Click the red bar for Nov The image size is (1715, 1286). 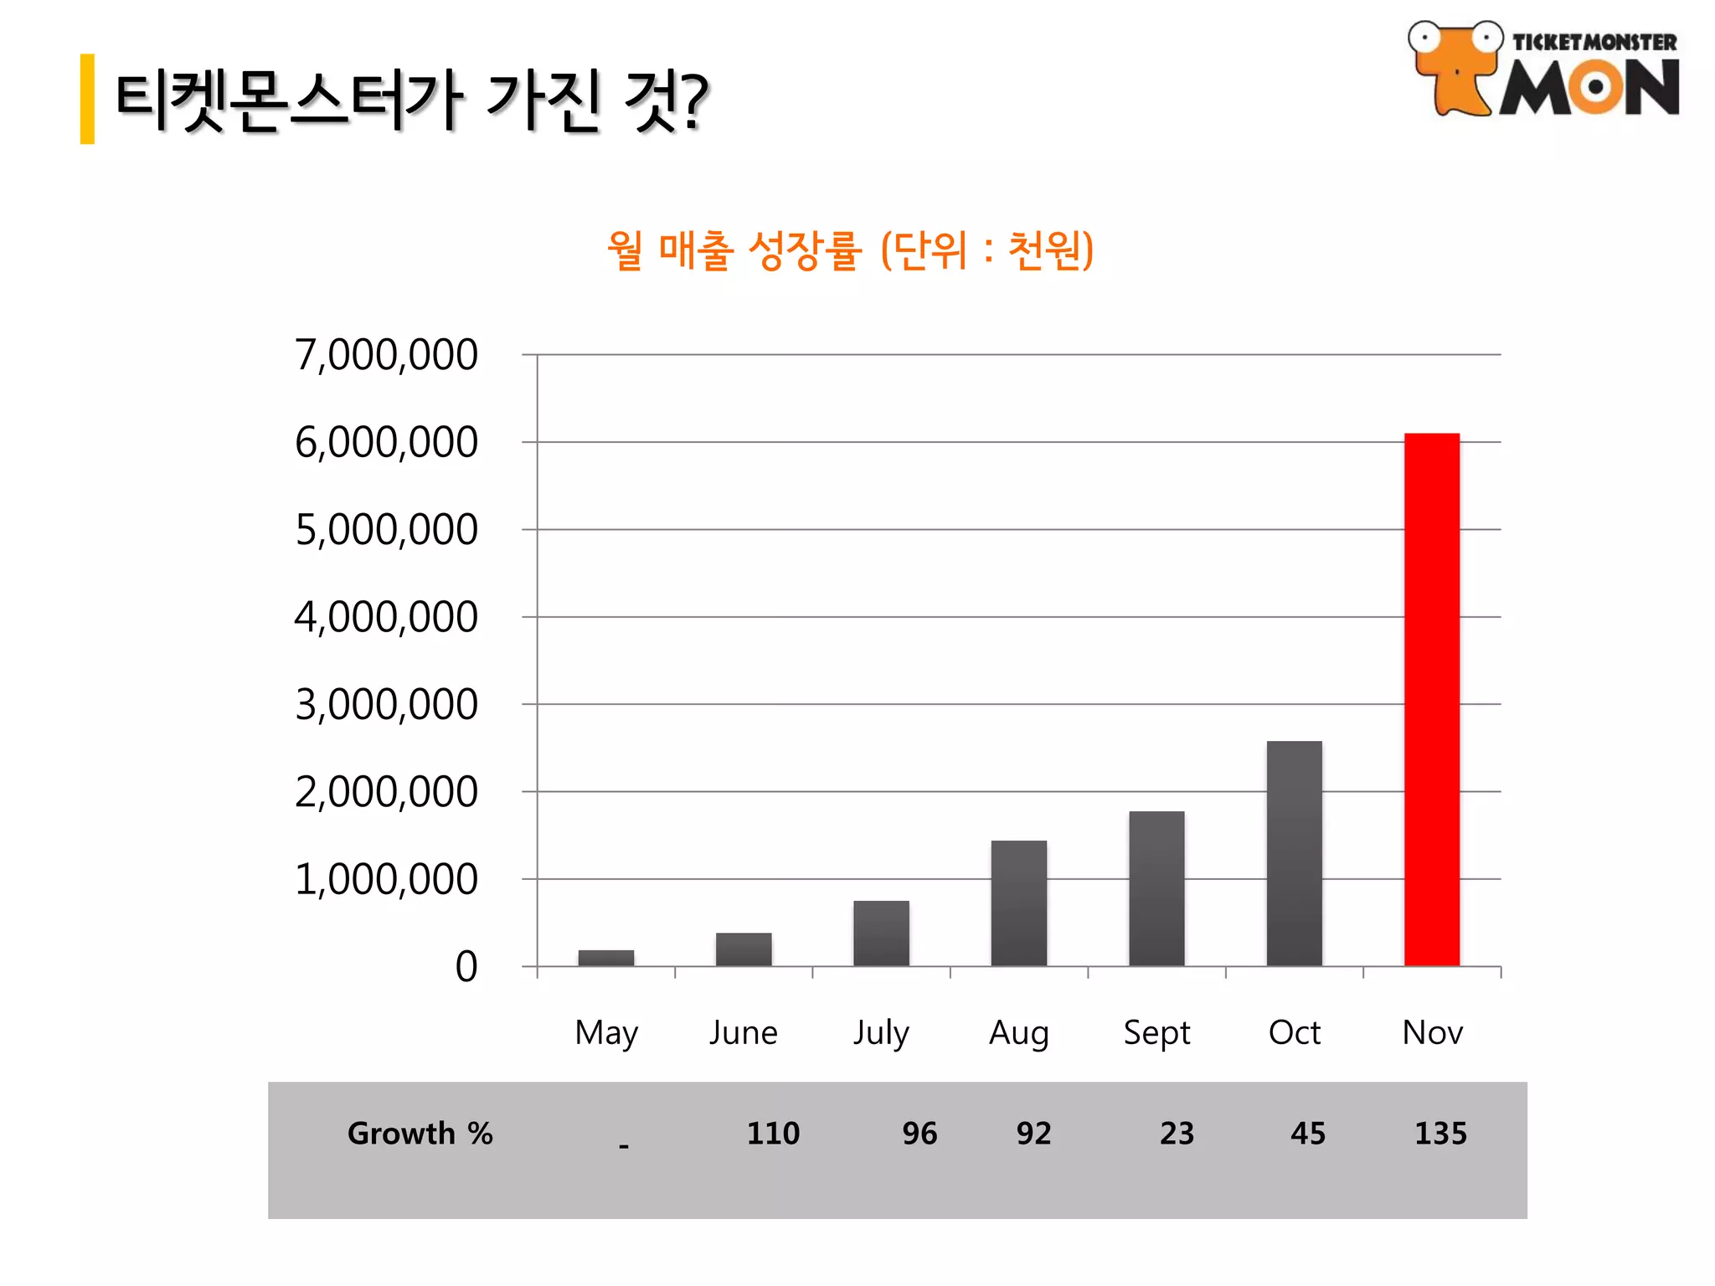click(1431, 699)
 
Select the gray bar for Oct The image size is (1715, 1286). click(1294, 853)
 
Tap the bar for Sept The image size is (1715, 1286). click(1156, 888)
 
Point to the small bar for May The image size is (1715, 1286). click(605, 958)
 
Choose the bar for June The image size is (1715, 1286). click(744, 949)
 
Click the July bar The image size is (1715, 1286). click(881, 933)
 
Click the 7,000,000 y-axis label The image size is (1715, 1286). click(386, 354)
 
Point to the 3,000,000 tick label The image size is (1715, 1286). click(386, 704)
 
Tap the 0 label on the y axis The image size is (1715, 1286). click(466, 966)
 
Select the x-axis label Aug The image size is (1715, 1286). click(1018, 1033)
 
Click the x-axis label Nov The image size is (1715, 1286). click(1432, 1032)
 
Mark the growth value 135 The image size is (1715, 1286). click(1440, 1134)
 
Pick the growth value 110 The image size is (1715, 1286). click(773, 1134)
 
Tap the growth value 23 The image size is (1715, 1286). click(1177, 1134)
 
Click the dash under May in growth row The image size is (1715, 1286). click(623, 1145)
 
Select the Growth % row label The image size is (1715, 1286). click(420, 1134)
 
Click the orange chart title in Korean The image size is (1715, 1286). click(850, 249)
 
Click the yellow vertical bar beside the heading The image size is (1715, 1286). click(87, 99)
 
